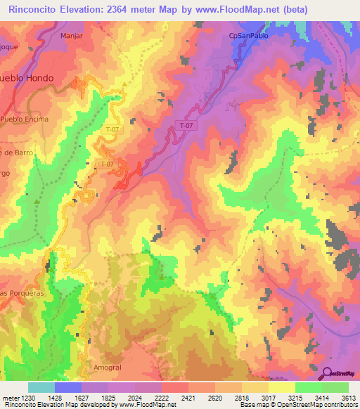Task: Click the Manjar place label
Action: (x=72, y=34)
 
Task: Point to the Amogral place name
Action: (x=107, y=368)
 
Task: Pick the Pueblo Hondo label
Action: (x=26, y=78)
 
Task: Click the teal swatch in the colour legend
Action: (x=41, y=387)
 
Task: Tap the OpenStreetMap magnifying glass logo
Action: (x=328, y=373)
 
